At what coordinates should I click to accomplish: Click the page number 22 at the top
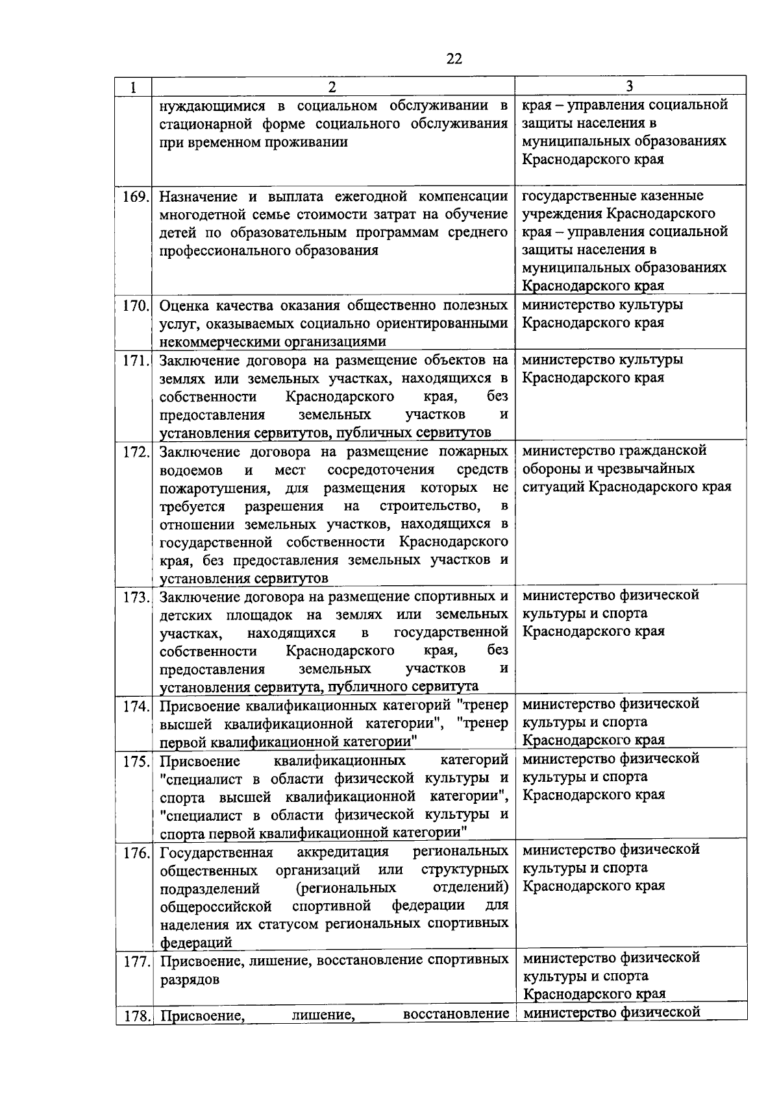(454, 59)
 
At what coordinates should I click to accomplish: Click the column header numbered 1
(133, 87)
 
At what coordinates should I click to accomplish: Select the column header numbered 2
(332, 87)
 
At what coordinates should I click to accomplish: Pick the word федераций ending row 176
(195, 943)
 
